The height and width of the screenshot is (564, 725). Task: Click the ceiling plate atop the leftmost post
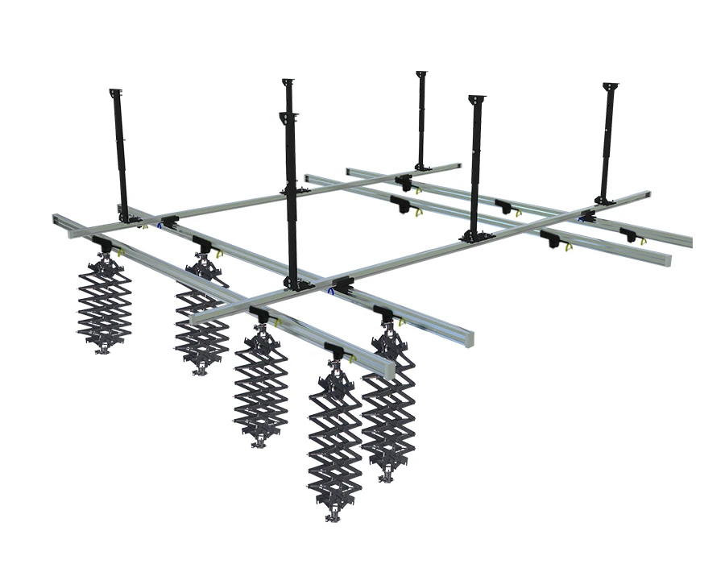[x=115, y=91]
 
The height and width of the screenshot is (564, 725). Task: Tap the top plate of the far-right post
[x=610, y=85]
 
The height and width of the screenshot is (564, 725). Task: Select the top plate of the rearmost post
[x=420, y=74]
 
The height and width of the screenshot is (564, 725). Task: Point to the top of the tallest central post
[x=288, y=82]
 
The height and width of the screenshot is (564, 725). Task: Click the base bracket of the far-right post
[x=603, y=199]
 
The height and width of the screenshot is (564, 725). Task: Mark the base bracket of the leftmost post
[x=126, y=218]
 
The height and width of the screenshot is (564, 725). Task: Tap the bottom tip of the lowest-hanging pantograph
[x=333, y=515]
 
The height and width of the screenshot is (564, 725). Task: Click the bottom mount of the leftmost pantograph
[x=103, y=350]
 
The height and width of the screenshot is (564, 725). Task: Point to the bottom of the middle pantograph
[x=259, y=442]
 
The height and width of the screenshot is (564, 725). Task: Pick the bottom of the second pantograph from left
[x=199, y=370]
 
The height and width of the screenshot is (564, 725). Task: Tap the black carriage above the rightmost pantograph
[x=384, y=313]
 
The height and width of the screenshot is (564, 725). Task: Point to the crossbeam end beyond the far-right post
[x=644, y=195]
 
